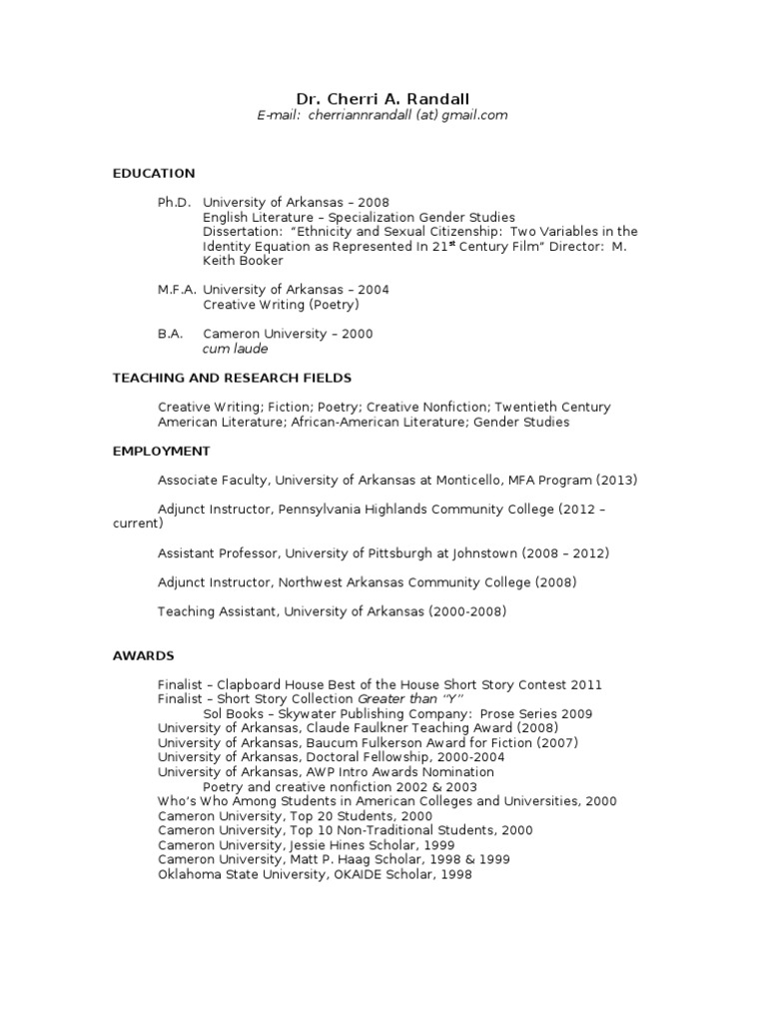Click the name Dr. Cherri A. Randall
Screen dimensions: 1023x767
383,98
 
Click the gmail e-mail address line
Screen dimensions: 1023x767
383,115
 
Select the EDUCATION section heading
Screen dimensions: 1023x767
154,173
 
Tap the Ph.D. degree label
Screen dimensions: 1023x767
174,202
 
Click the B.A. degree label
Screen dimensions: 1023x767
170,334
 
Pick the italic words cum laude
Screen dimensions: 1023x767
235,349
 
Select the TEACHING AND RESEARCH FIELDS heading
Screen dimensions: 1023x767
232,378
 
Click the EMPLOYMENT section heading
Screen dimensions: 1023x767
161,451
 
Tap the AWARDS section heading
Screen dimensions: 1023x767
143,655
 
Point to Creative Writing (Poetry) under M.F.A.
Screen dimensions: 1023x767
281,305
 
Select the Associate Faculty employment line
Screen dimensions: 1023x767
397,481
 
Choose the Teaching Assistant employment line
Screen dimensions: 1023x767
332,611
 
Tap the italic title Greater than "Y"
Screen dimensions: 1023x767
410,699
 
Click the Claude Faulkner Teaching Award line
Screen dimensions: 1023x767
359,728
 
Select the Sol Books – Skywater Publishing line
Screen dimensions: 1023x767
397,714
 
